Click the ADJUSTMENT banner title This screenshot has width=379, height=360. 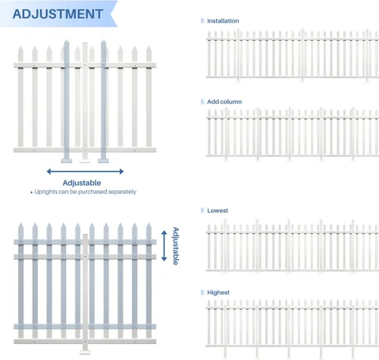58,14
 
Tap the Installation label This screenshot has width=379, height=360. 223,21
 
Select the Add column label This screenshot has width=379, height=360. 224,102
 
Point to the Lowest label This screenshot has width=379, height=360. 218,211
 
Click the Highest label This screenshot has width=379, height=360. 218,293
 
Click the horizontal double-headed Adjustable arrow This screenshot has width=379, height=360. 85,171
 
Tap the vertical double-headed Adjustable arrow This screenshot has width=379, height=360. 164,246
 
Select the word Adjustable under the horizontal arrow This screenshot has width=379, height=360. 82,183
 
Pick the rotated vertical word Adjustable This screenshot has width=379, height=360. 176,246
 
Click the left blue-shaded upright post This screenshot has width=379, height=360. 67,101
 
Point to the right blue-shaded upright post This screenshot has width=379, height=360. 104,101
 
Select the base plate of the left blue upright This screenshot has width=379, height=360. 67,161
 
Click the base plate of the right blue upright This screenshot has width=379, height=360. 104,161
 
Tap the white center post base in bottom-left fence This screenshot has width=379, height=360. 85,352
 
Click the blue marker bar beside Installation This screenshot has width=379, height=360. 202,20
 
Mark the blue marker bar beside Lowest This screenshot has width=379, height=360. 202,211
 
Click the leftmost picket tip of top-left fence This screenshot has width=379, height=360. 20,46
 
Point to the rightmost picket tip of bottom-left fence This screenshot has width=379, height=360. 149,224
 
